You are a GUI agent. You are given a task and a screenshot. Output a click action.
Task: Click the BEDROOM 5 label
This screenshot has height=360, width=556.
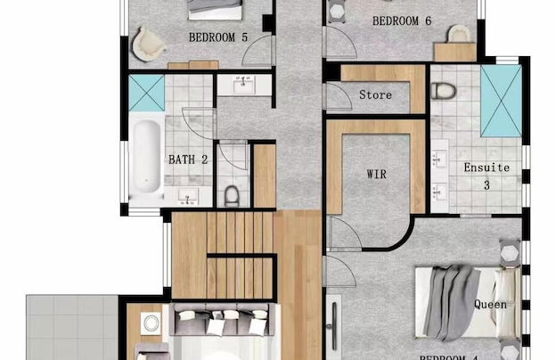[x=218, y=37]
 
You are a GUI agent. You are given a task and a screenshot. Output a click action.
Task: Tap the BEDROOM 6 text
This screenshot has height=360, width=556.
[x=402, y=20]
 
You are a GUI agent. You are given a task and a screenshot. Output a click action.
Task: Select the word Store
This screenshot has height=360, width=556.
[x=375, y=94]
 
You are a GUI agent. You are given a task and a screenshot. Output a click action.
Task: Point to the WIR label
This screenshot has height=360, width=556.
[x=376, y=174]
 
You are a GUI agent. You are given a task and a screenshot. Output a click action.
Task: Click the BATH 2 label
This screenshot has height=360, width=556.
[x=188, y=160]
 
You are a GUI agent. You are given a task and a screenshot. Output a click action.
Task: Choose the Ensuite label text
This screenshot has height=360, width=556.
[x=487, y=168]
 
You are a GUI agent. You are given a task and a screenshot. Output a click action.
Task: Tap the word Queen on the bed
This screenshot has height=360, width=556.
[x=490, y=305]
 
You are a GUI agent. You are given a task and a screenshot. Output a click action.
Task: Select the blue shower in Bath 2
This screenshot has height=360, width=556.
[x=146, y=91]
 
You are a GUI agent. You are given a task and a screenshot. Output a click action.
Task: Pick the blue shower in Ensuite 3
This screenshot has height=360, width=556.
[x=501, y=101]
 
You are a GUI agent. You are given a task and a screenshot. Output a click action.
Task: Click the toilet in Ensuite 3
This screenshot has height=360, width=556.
[x=443, y=90]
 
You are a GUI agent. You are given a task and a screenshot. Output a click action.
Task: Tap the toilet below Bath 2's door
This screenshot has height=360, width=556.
[x=232, y=194]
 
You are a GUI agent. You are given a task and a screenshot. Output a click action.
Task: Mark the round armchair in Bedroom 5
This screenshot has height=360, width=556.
[x=149, y=40]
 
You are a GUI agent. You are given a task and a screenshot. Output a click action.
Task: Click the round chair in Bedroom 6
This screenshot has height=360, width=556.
[x=459, y=33]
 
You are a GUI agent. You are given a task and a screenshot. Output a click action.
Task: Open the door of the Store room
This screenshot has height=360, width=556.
[x=338, y=95]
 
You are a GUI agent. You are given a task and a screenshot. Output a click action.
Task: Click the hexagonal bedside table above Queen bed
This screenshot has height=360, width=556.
[x=510, y=251]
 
